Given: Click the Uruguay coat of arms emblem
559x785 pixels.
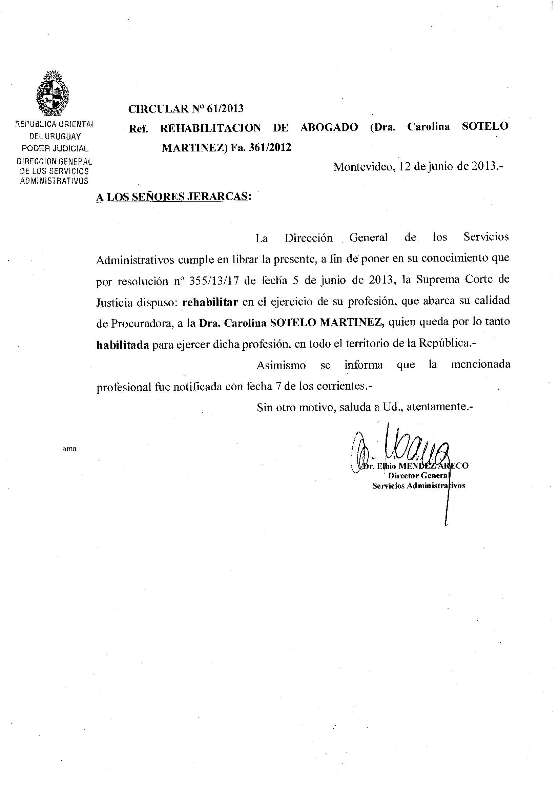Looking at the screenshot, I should coord(53,93).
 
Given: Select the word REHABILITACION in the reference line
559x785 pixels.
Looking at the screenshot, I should coord(210,128).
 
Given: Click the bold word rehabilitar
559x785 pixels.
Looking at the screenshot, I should coord(210,302).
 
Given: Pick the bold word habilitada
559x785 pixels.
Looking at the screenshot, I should coord(123,345).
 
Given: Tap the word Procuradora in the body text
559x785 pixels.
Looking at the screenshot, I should coord(141,324).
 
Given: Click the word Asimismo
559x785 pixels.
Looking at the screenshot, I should coord(281,365).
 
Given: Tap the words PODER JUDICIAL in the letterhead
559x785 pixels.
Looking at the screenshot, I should coord(55,149).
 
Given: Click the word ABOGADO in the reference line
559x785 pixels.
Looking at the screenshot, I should coord(329,128).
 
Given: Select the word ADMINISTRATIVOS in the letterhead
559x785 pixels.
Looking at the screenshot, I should coord(54,181).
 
